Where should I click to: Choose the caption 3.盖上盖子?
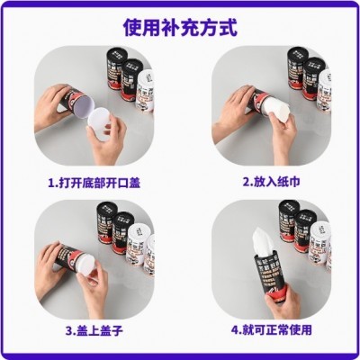[94, 330]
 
